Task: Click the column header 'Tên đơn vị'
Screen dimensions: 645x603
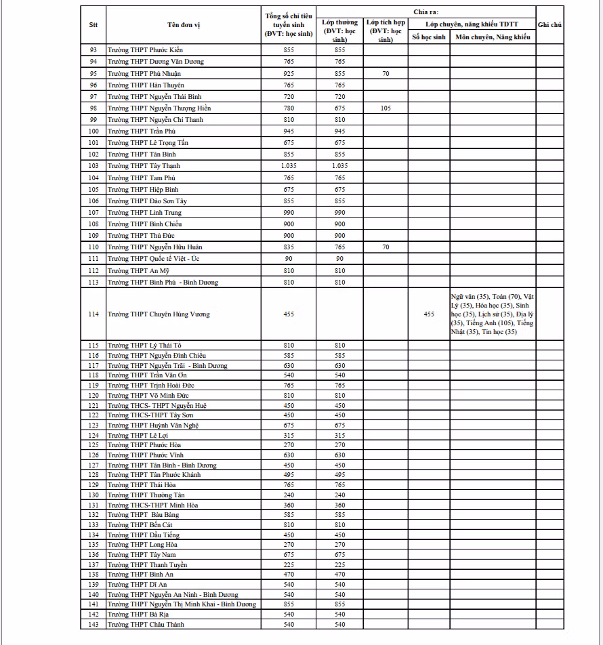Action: (x=184, y=24)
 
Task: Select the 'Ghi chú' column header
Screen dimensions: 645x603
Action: (x=549, y=24)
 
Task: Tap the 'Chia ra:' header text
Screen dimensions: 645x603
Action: (x=425, y=12)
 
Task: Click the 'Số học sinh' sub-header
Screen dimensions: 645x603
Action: (x=429, y=37)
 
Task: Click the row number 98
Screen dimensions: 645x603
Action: (x=93, y=108)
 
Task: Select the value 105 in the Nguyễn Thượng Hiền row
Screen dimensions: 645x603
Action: (x=386, y=108)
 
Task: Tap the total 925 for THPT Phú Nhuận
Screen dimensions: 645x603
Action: (x=289, y=73)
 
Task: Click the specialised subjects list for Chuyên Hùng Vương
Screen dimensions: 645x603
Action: (x=492, y=314)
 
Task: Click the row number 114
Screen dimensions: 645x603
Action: (x=93, y=314)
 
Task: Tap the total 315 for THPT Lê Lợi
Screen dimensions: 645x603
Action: (x=289, y=435)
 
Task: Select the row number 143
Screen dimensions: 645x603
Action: (x=93, y=624)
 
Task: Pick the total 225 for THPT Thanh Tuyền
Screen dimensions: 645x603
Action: (x=289, y=564)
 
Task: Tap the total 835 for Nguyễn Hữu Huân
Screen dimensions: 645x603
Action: (x=289, y=247)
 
